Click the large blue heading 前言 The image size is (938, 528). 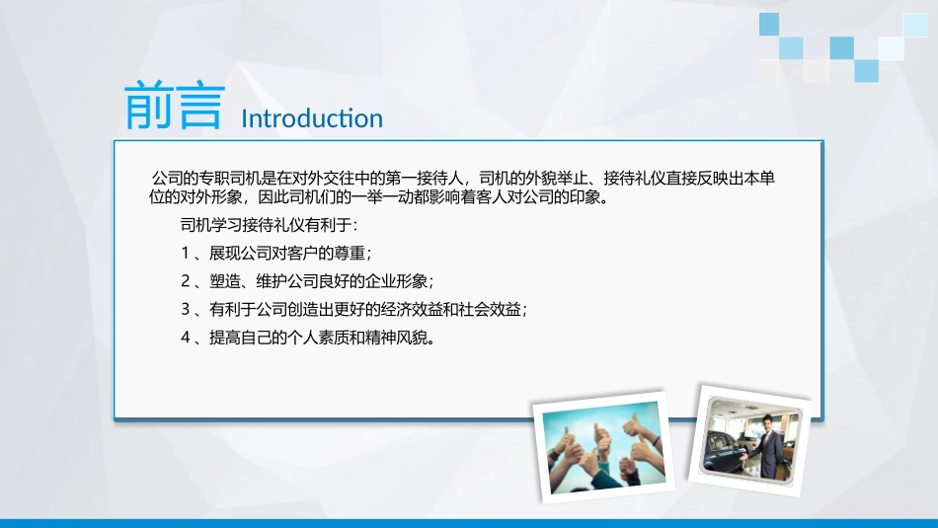pyautogui.click(x=174, y=105)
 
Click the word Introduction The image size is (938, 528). pyautogui.click(x=312, y=118)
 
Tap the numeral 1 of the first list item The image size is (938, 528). pyautogui.click(x=186, y=253)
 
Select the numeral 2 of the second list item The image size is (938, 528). pyautogui.click(x=186, y=281)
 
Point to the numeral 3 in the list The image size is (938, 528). pyautogui.click(x=186, y=309)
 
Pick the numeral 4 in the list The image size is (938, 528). pyautogui.click(x=186, y=338)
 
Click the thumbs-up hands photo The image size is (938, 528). pyautogui.click(x=603, y=446)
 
